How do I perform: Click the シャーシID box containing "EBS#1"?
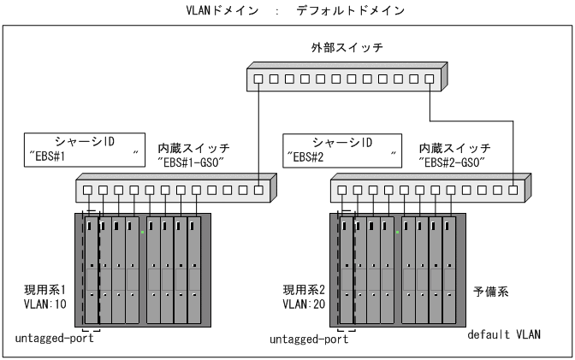(83, 147)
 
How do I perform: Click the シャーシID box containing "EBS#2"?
(341, 147)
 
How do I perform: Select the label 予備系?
(491, 291)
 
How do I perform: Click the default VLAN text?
(504, 333)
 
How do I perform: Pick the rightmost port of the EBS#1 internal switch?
(258, 190)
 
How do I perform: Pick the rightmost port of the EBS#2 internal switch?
(513, 190)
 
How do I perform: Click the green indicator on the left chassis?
(143, 232)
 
